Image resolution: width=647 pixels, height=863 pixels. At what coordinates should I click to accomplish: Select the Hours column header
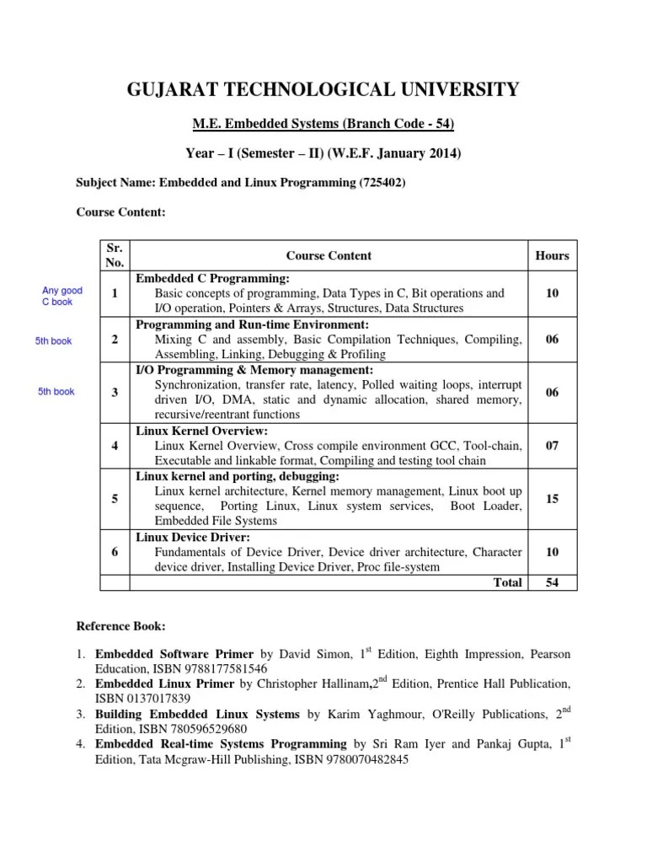point(552,255)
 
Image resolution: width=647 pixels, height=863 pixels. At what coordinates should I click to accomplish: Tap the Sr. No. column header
point(114,255)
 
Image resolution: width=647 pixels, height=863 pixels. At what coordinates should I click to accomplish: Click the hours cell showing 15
point(552,499)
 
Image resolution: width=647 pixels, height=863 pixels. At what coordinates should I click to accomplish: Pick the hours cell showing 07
point(552,446)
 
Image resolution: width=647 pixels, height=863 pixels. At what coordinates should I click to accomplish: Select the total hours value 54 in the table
point(552,582)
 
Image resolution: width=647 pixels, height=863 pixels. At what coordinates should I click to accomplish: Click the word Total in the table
point(507,582)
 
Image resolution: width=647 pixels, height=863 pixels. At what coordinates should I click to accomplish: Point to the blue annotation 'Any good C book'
point(62,296)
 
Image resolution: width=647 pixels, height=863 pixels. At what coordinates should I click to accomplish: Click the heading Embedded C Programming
point(213,278)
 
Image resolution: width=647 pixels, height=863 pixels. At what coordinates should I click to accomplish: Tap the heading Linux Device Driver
point(193,537)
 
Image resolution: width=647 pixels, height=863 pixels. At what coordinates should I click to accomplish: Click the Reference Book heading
point(121,627)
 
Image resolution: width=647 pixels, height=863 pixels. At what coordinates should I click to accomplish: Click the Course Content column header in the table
point(329,255)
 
